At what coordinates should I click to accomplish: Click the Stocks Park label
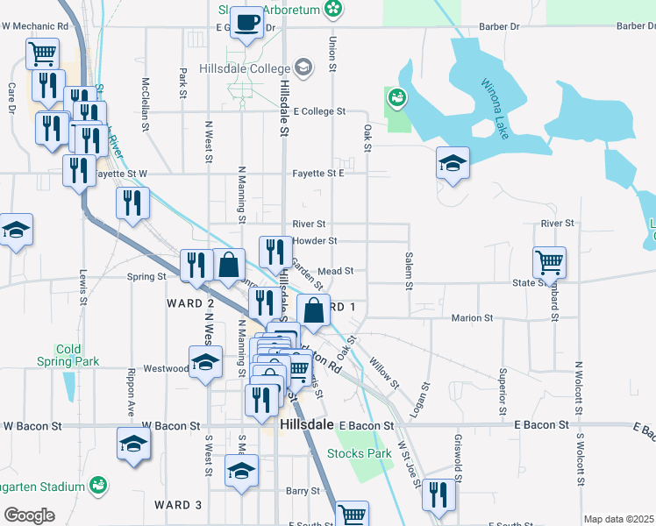[359, 453]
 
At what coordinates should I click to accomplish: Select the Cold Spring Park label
[68, 355]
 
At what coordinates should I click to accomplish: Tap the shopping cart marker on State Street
[549, 260]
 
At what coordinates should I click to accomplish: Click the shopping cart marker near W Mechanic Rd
[41, 54]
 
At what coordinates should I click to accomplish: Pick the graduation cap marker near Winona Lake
[453, 162]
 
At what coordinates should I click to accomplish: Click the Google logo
[29, 515]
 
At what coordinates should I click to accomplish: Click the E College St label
[320, 111]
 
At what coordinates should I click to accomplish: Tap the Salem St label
[409, 271]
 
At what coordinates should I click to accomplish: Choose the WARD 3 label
[178, 505]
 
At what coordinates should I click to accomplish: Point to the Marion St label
[467, 317]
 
